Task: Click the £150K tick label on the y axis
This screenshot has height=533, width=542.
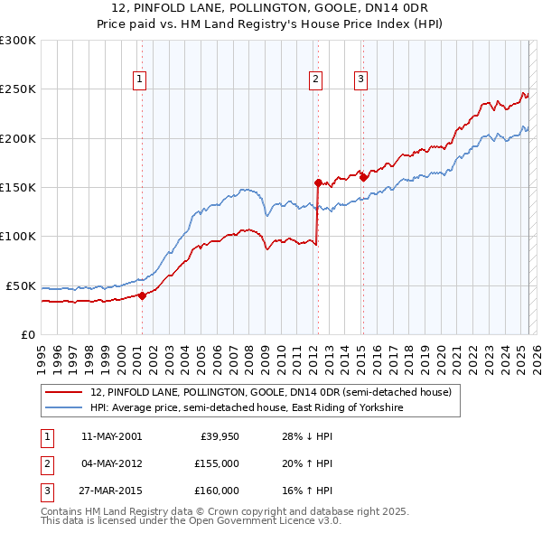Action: (18, 187)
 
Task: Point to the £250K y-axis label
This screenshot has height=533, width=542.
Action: (18, 89)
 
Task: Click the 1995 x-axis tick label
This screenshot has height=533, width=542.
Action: (42, 355)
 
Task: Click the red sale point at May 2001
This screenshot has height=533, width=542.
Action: (142, 295)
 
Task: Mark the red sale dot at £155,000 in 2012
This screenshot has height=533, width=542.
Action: (318, 182)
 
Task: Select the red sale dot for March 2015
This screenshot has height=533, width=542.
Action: (363, 177)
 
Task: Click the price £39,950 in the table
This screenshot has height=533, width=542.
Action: (219, 436)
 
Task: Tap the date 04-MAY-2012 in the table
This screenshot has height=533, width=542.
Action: (111, 463)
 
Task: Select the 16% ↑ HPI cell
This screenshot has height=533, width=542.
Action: (307, 491)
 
